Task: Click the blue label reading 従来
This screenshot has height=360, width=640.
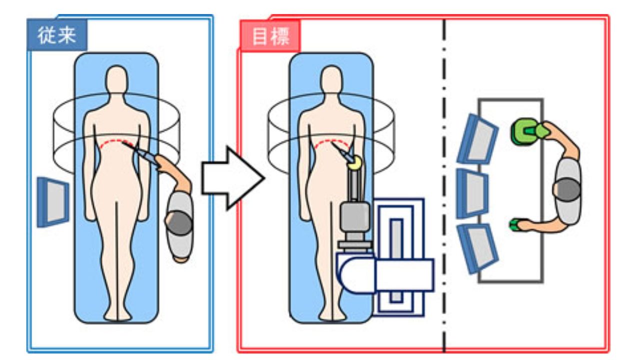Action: coord(56,35)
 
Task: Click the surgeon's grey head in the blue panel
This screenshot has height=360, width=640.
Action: coord(178,223)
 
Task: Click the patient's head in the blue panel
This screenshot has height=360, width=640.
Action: coord(117,80)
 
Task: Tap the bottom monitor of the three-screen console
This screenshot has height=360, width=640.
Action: coord(478,247)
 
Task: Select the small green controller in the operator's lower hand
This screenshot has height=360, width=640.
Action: coord(515,225)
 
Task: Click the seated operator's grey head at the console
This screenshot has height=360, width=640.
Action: coord(566,190)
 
